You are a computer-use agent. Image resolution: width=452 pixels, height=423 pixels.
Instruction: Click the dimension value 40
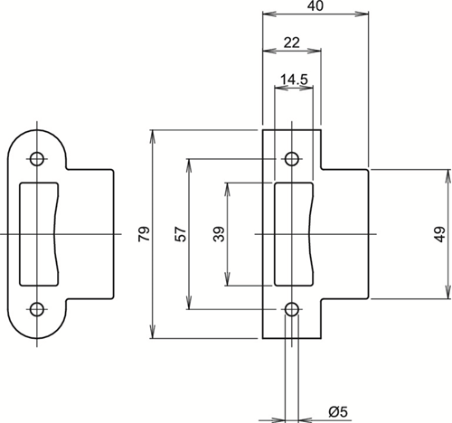point(315,6)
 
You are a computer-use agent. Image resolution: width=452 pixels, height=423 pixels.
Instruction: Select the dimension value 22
point(292,42)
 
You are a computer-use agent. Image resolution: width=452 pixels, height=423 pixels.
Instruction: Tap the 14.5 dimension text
point(294,80)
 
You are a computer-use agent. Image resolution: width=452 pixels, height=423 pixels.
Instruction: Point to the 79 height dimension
point(144,233)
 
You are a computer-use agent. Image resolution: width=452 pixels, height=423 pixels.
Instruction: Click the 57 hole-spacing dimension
point(181,234)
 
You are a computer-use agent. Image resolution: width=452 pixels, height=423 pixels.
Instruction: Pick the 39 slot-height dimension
point(219,234)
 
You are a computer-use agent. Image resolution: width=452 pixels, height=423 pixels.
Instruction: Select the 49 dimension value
point(440,234)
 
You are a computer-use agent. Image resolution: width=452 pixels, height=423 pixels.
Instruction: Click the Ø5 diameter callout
point(338,412)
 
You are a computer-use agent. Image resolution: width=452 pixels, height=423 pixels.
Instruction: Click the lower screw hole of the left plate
point(37,309)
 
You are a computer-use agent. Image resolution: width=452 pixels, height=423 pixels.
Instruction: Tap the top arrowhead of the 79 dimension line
point(153,137)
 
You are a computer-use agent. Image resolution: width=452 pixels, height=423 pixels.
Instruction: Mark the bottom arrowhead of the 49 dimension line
point(448,292)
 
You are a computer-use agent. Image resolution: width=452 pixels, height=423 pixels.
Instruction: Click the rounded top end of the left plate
point(37,130)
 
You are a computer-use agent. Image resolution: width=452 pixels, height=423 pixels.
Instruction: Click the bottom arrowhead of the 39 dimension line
point(228,278)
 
